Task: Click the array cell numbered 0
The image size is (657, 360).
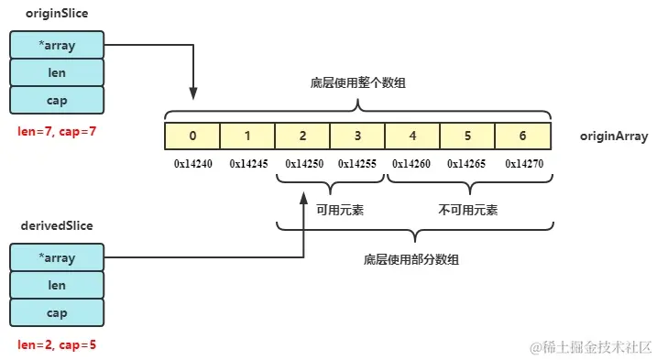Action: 192,136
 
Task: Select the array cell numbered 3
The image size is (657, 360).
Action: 357,136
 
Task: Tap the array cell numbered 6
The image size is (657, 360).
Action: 522,136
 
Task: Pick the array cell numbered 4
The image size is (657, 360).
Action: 412,136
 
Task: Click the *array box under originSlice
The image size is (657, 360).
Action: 57,43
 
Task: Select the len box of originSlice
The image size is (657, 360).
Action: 57,71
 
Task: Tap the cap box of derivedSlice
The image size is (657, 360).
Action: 57,312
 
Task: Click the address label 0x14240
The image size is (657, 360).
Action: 193,164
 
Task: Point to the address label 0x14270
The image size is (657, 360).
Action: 523,164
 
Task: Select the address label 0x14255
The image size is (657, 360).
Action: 356,164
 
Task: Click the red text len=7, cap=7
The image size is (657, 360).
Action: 57,131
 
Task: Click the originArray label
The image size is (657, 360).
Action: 614,136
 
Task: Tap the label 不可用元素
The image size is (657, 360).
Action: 468,210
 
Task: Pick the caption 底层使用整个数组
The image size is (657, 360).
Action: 358,83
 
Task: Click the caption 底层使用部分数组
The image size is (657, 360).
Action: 411,259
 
